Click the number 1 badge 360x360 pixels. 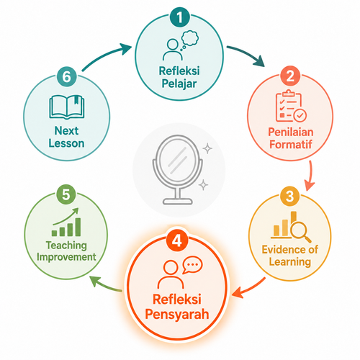pos(179,17)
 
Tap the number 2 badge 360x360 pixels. pos(290,76)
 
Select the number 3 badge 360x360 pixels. pos(289,196)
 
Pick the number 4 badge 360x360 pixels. pos(177,240)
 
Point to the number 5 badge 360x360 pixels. pos(66,194)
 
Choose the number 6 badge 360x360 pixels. pos(66,76)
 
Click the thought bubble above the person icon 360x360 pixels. pos(189,40)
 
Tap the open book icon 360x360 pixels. pos(67,107)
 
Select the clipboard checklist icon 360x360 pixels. pos(291,106)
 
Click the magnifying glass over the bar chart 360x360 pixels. pos(300,231)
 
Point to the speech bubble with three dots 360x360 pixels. pos(192,265)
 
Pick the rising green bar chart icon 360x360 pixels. pos(66,222)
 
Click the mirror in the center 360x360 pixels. pos(178,169)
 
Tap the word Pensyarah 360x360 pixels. pos(177,315)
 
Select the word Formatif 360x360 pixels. pos(291,145)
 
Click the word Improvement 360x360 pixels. pos(66,257)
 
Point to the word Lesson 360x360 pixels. pos(66,143)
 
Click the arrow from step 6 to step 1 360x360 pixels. pos(107,56)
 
